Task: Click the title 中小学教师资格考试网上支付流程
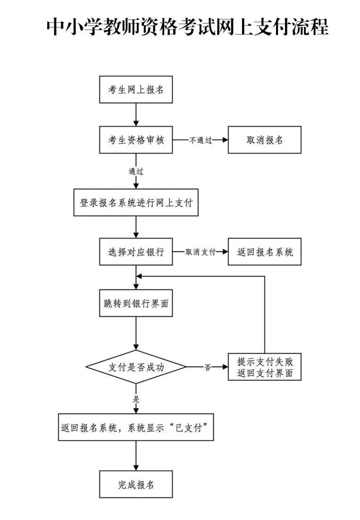pos(187,27)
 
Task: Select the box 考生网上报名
pos(136,89)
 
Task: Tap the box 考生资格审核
pos(136,140)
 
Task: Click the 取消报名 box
pos(264,140)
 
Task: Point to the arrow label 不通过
pos(201,140)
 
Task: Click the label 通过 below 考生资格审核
pos(136,171)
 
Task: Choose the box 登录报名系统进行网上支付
pos(136,202)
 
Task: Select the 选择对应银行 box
pos(136,252)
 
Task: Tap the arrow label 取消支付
pos(201,252)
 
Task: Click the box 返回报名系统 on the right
pos(264,252)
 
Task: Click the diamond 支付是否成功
pos(136,367)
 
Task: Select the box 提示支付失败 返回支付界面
pos(264,367)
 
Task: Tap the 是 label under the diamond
pos(136,399)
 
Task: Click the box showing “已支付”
pos(136,427)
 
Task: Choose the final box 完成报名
pos(136,484)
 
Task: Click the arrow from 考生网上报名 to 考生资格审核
pos(136,114)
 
